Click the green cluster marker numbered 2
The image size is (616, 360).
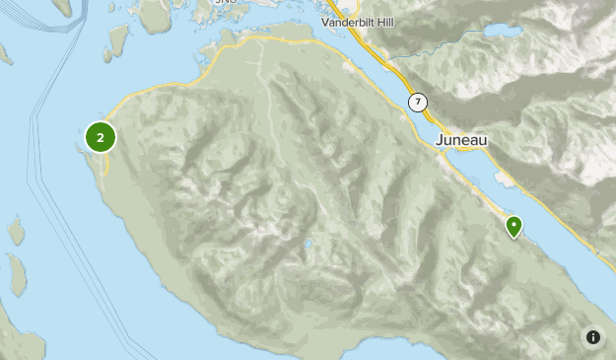click(x=101, y=137)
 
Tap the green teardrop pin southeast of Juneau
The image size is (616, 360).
click(x=513, y=227)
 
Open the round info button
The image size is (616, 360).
click(x=592, y=337)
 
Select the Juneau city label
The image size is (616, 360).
click(x=461, y=140)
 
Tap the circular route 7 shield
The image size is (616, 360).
click(x=418, y=102)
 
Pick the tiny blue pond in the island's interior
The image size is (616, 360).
click(x=308, y=243)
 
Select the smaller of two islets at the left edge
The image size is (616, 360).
click(x=16, y=231)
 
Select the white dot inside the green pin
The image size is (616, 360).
click(x=513, y=224)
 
